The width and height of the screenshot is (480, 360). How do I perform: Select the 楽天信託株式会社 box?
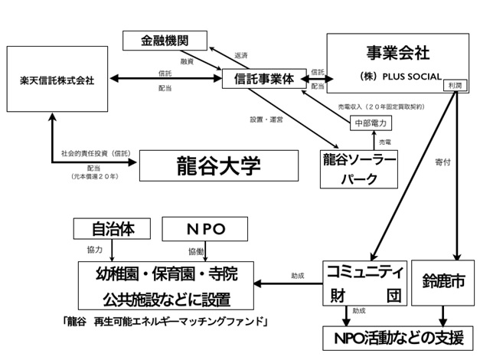pyautogui.click(x=57, y=80)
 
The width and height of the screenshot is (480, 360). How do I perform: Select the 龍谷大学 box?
pyautogui.click(x=217, y=165)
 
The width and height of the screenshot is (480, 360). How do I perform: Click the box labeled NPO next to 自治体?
pyautogui.click(x=205, y=227)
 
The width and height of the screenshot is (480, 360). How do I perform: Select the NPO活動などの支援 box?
pyautogui.click(x=403, y=337)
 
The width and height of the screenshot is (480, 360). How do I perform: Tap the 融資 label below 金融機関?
pyautogui.click(x=186, y=61)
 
